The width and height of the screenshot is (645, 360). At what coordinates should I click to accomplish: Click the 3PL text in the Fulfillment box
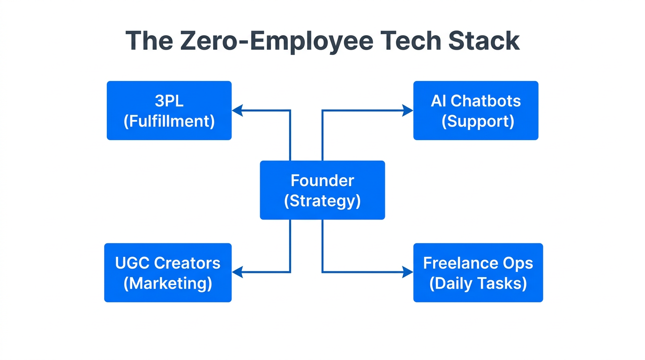click(169, 101)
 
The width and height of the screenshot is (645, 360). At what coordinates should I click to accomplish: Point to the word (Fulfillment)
click(169, 121)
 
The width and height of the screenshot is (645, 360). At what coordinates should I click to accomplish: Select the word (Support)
click(478, 121)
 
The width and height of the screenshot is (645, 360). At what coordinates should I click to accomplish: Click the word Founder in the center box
click(322, 180)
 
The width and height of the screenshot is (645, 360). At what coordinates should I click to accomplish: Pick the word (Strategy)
click(322, 201)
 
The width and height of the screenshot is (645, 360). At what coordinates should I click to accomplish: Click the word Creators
click(187, 263)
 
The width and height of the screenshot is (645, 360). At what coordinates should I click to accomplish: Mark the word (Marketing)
click(168, 283)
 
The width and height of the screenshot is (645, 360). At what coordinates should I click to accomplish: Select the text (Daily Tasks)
click(478, 283)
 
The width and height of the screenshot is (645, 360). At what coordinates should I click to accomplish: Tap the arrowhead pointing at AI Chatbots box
click(407, 111)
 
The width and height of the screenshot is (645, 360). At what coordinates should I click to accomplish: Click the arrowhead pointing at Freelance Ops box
click(407, 272)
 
